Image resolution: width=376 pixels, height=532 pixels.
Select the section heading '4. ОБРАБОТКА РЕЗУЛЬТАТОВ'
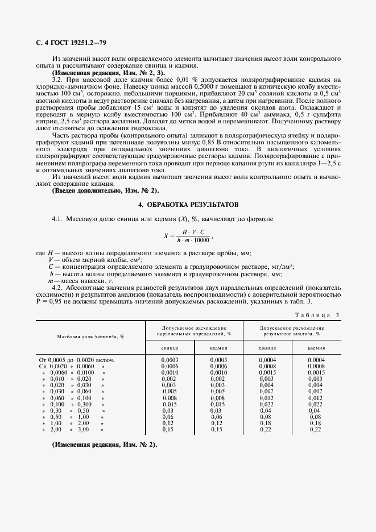click(188, 203)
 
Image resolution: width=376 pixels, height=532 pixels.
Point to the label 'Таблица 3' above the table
click(317, 315)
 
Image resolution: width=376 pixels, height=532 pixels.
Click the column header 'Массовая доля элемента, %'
click(90, 336)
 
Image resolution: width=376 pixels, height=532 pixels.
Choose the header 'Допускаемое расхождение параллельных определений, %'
click(194, 331)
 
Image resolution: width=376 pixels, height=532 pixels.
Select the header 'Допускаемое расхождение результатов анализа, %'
click(292, 331)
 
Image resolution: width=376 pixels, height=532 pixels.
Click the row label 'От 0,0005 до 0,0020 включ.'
click(77, 360)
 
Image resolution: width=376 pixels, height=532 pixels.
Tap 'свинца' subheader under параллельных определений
click(170, 347)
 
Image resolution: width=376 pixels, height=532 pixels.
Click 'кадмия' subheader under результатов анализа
click(316, 347)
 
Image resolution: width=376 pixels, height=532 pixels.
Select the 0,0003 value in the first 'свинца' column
click(170, 360)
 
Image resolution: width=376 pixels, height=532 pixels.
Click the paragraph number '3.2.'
click(59, 80)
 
